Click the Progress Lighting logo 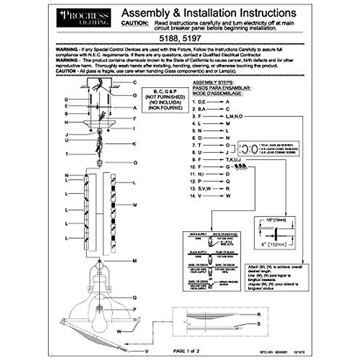point(83,18)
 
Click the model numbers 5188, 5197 point(180,38)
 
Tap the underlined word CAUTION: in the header point(135,23)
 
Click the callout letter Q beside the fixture point(135,298)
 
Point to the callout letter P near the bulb point(135,310)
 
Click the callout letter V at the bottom point(147,351)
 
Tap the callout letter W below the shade point(119,331)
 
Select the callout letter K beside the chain point(134,144)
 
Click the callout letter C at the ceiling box point(135,82)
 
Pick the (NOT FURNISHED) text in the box point(165,97)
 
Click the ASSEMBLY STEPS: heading point(213,82)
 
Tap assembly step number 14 point(193,196)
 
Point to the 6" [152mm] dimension point(270,244)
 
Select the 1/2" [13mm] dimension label point(276,220)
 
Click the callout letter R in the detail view point(259,315)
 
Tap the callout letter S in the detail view point(259,324)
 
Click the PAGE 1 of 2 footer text point(186,351)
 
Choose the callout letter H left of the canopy point(66,122)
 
